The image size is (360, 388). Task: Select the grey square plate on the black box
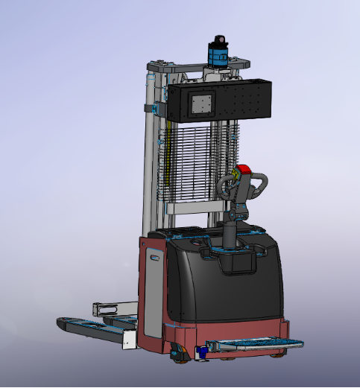pyautogui.click(x=201, y=104)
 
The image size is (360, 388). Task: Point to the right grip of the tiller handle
pyautogui.click(x=263, y=184)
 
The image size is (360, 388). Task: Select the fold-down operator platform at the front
pyautogui.click(x=257, y=343)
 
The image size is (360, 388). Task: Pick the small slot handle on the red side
pyautogui.click(x=154, y=258)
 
